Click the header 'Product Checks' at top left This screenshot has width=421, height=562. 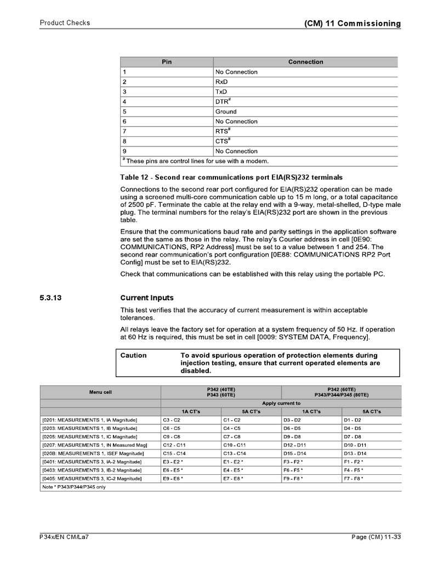(x=65, y=23)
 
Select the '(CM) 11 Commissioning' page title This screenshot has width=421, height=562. (x=352, y=24)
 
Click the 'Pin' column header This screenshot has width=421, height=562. (x=167, y=62)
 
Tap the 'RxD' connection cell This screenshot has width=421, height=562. (x=221, y=82)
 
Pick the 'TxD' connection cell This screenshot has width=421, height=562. (x=221, y=92)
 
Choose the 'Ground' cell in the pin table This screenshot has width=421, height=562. (x=226, y=111)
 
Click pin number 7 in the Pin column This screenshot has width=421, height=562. (x=125, y=131)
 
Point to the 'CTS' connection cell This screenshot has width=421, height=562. (x=222, y=141)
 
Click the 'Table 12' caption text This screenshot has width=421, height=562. (x=231, y=177)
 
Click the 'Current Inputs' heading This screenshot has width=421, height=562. (x=147, y=298)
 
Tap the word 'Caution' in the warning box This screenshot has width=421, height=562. (x=134, y=356)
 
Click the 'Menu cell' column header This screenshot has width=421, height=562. (x=100, y=392)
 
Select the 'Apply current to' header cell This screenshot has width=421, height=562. (x=281, y=403)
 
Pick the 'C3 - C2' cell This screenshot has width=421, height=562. (x=171, y=420)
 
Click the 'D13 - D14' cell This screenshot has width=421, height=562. (x=356, y=453)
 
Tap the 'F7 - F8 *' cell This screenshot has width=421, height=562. (x=354, y=479)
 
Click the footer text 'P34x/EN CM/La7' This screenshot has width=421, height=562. (x=64, y=537)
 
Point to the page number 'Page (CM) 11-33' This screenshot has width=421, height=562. (x=376, y=537)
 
